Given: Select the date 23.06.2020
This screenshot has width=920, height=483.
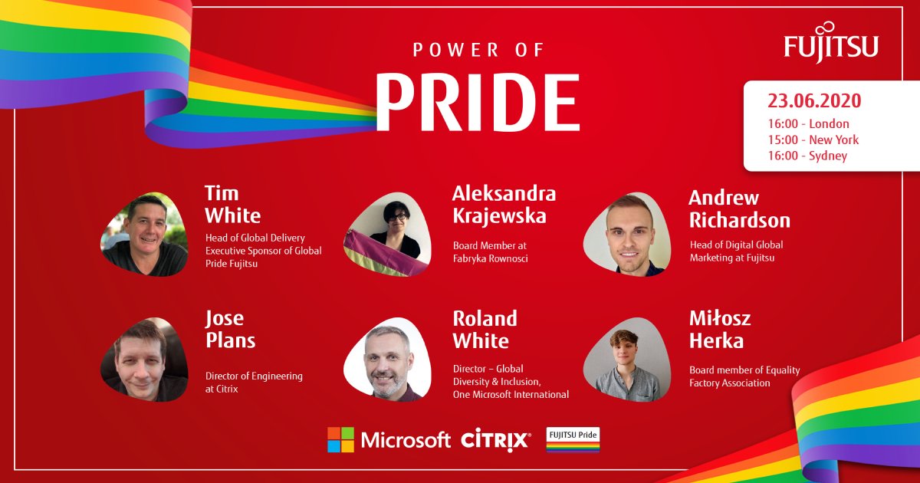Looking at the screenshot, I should (814, 101).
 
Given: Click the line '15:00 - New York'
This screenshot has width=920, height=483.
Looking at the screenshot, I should (813, 140).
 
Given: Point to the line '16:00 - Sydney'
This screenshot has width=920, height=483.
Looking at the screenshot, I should (807, 156).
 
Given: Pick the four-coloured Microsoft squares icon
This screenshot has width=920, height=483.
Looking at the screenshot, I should (341, 440).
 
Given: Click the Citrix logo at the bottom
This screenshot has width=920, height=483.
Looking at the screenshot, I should (496, 439).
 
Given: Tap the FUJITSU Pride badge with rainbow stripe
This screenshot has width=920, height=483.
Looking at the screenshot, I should (573, 440).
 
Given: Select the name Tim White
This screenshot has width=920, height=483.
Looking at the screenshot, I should (233, 204).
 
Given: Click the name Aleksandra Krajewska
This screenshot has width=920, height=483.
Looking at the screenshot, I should (504, 204).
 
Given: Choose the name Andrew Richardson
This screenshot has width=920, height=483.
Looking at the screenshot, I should (739, 209).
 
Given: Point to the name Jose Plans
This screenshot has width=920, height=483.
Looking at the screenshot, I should (231, 329).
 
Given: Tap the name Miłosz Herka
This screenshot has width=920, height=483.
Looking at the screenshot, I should (719, 329).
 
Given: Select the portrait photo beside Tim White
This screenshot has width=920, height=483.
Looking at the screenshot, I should (144, 234).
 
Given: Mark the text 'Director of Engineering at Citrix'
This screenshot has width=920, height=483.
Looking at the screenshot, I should (254, 383).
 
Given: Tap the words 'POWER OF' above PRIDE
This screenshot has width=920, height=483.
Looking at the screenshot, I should (478, 51).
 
